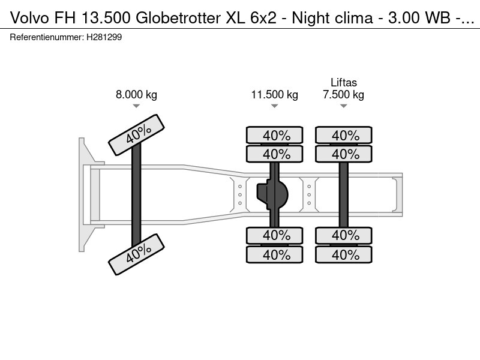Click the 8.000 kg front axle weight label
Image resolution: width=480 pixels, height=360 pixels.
click(x=136, y=94)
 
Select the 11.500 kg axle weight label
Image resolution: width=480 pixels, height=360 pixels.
click(x=274, y=94)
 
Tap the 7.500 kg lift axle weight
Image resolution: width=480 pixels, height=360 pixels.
click(x=343, y=94)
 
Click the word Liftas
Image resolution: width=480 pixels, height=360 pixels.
click(x=344, y=83)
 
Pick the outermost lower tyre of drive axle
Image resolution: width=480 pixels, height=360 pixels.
click(x=274, y=255)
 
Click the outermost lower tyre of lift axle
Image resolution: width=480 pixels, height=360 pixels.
click(x=344, y=255)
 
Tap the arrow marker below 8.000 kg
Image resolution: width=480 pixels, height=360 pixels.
click(x=136, y=106)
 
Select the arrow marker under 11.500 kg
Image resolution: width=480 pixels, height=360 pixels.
click(x=274, y=106)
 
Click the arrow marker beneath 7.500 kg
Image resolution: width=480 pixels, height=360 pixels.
click(x=343, y=106)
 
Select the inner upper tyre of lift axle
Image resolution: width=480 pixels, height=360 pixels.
click(x=344, y=154)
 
